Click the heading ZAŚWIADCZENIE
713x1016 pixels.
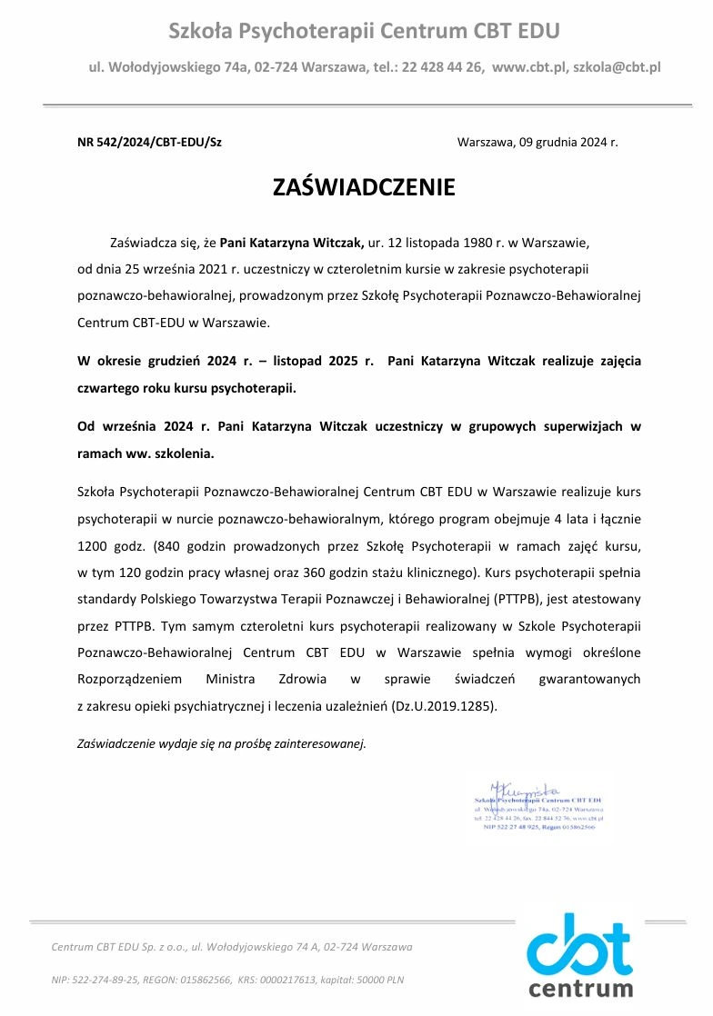coord(364,188)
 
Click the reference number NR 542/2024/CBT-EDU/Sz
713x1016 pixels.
coord(149,143)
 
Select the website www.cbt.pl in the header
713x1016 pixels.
coord(529,67)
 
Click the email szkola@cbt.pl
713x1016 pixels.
coord(617,67)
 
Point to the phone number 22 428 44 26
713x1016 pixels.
coord(442,67)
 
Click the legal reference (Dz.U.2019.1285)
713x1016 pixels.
coord(445,704)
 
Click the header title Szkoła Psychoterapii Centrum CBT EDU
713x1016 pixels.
coord(364,32)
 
